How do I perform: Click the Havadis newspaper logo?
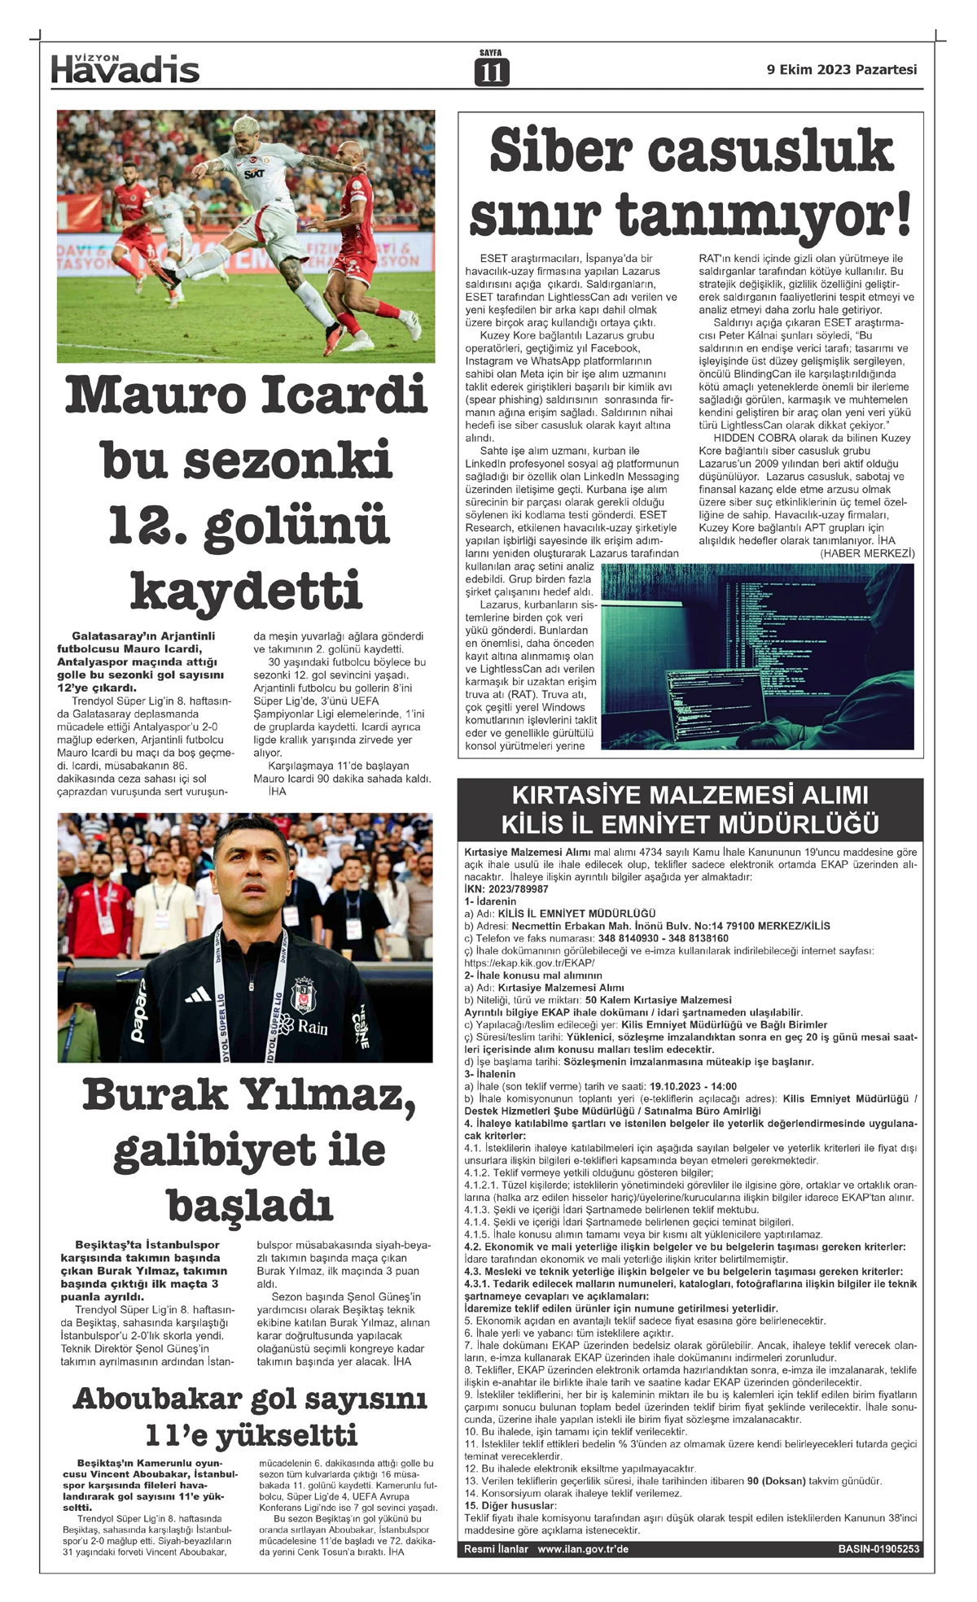125,70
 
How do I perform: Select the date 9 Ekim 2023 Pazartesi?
842,70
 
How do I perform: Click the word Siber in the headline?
561,151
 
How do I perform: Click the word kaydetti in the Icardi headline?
246,590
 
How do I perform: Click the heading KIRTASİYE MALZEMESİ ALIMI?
690,795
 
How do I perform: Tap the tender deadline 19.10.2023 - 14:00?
693,1086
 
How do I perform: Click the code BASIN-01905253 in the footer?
878,1549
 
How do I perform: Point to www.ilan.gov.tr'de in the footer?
583,1549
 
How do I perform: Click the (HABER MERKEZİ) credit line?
867,553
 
